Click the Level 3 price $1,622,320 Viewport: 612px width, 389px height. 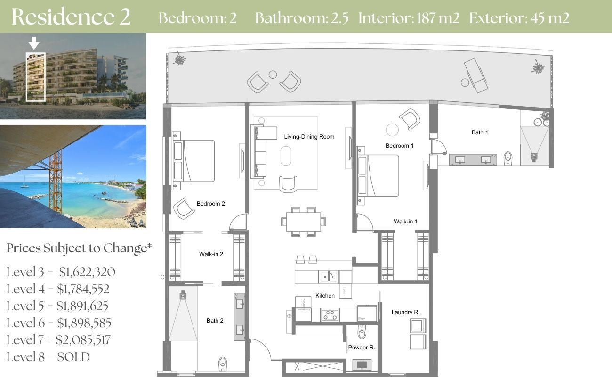(x=87, y=272)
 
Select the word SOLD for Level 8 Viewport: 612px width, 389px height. (x=73, y=357)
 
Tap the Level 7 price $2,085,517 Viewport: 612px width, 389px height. (x=83, y=340)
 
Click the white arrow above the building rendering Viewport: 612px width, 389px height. (x=34, y=43)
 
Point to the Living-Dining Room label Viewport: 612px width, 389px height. (x=309, y=137)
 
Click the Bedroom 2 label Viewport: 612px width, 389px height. (x=210, y=204)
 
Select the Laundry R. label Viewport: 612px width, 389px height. (x=405, y=312)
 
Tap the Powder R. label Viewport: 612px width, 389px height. (x=362, y=348)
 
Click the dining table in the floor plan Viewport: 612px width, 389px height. (x=304, y=222)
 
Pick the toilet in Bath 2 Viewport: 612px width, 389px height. (x=223, y=364)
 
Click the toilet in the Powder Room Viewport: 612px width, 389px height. (x=362, y=332)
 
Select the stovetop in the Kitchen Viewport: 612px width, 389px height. (x=330, y=315)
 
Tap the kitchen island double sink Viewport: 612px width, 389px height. (x=329, y=277)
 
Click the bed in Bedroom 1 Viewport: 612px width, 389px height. (x=378, y=175)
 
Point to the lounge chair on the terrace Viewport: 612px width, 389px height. (x=475, y=76)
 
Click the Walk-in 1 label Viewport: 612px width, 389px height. (x=405, y=222)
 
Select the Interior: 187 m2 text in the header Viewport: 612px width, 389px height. (x=409, y=18)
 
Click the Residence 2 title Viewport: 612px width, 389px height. (x=71, y=17)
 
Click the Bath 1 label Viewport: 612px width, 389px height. (x=480, y=132)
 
